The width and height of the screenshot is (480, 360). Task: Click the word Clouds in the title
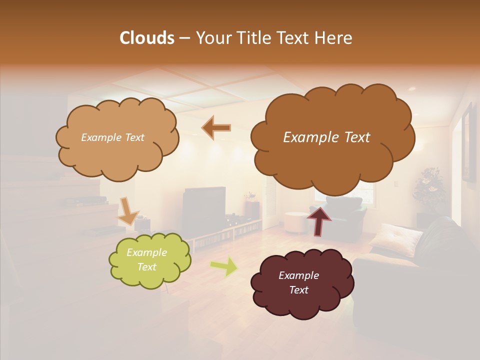pos(146,38)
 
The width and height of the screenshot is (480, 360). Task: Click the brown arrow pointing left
pos(216,128)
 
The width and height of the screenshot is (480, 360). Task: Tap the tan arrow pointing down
pos(128,210)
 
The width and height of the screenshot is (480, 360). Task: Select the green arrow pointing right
pos(224,267)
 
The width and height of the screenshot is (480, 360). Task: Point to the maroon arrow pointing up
pos(319,220)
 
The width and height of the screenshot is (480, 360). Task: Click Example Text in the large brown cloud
pos(326,137)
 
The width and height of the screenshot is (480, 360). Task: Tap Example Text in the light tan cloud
pos(112,137)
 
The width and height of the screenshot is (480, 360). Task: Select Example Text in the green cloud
pos(146,259)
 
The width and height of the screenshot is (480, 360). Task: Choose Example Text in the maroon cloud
pos(298,282)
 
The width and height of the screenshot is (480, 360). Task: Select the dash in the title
pos(184,38)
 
